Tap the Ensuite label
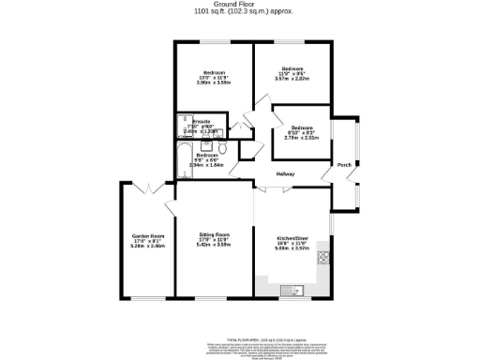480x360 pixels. tap(202, 122)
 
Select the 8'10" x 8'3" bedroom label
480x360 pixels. tap(301, 127)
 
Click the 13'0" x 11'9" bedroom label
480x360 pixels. tap(215, 73)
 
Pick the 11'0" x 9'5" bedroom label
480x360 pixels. tap(293, 68)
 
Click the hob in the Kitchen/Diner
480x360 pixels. tap(324, 255)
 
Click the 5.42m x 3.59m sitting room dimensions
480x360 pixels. tap(215, 246)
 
